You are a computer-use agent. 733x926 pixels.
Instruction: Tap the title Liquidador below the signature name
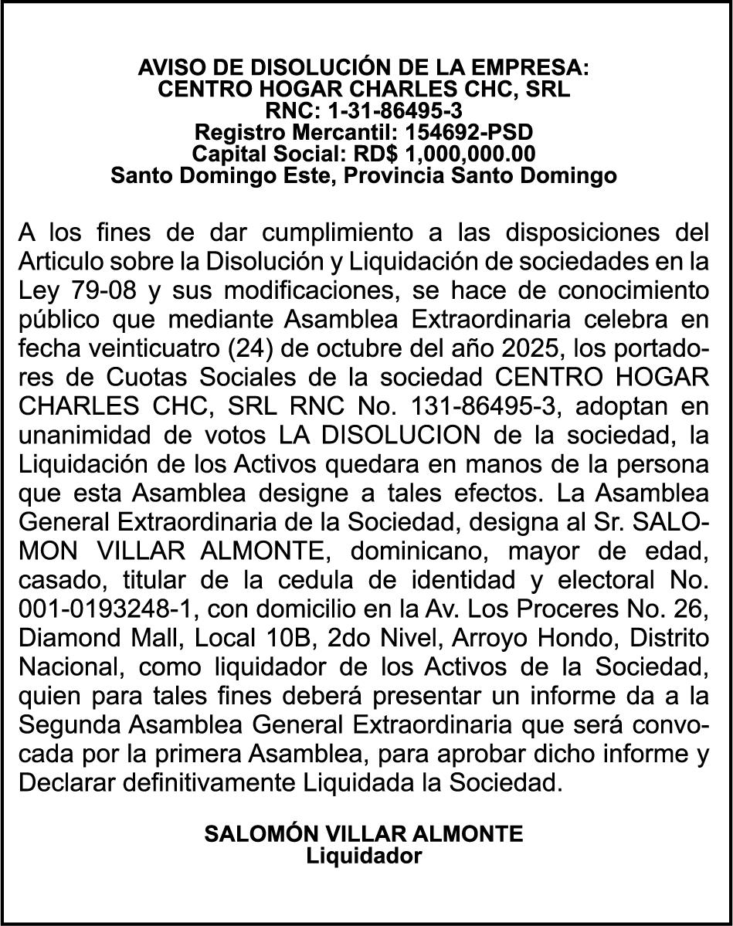(365, 856)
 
